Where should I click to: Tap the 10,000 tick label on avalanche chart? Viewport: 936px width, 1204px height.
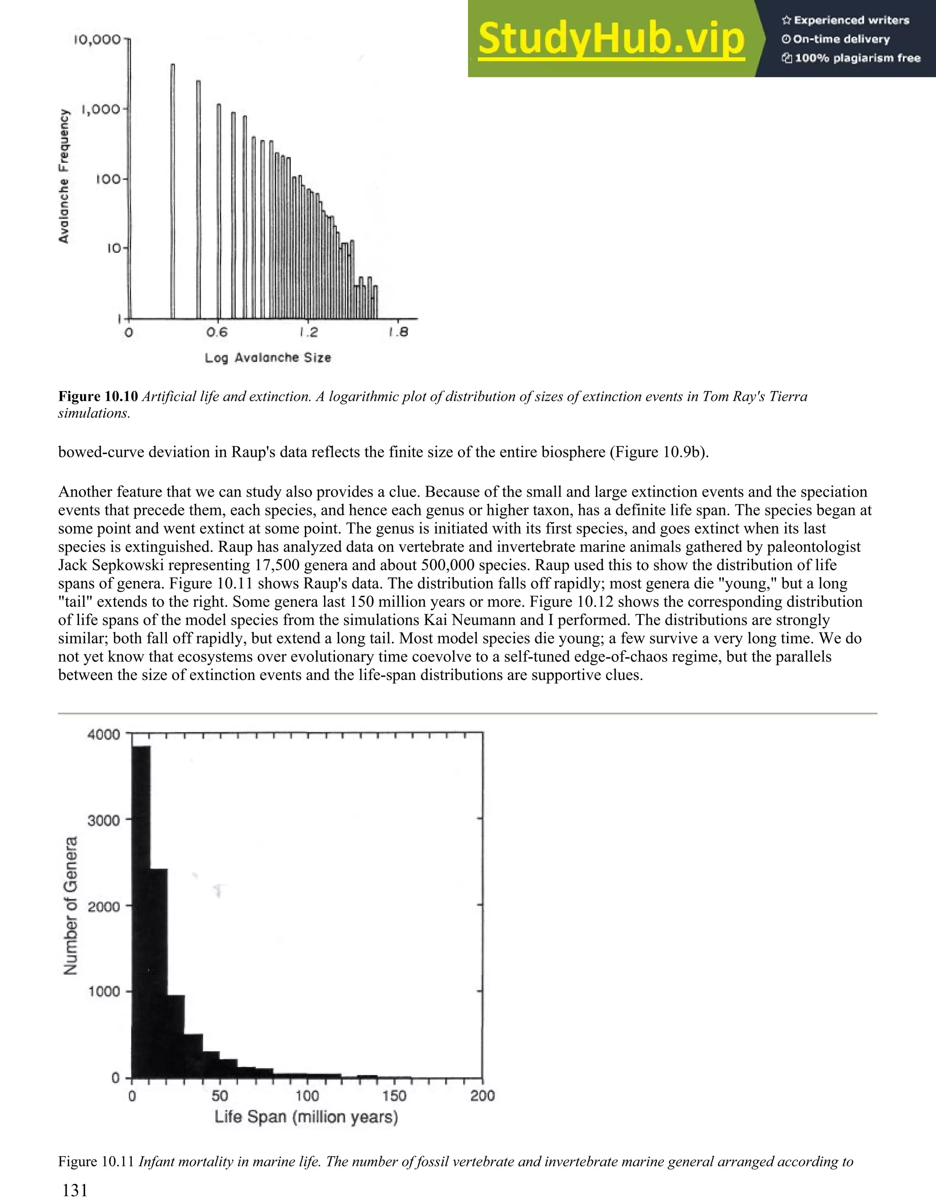point(97,40)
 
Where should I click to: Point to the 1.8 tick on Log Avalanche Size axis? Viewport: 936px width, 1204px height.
point(399,332)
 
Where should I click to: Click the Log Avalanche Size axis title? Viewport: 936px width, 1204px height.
point(268,358)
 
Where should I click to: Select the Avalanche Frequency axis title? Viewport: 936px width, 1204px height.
point(64,177)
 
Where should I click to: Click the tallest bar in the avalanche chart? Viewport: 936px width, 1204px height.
point(172,190)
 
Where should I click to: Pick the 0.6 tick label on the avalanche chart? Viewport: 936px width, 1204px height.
point(217,332)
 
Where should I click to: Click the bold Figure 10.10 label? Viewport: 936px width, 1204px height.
point(97,396)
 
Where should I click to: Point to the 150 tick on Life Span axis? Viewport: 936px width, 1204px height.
point(394,1095)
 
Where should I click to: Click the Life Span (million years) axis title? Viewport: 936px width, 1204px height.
point(306,1117)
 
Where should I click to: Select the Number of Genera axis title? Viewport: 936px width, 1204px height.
point(71,905)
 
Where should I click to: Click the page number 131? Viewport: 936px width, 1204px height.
point(75,1191)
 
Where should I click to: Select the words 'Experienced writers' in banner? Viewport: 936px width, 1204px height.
point(851,21)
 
